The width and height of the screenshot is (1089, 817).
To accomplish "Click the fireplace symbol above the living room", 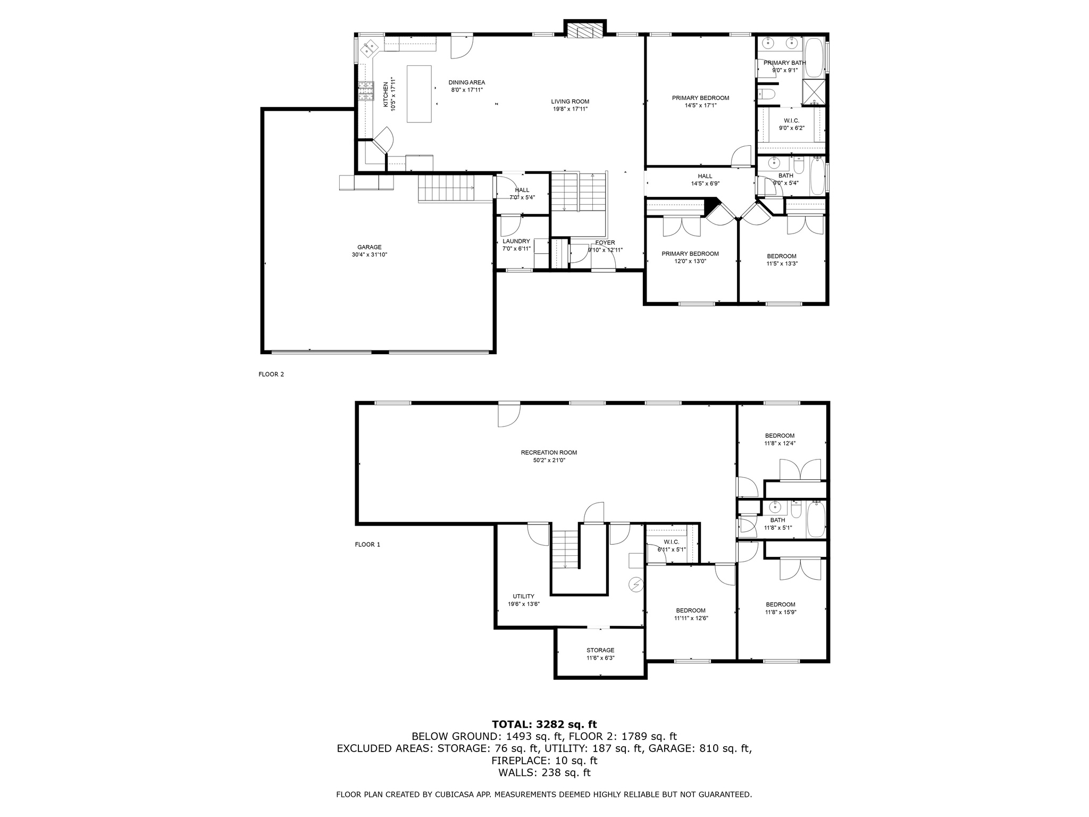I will point(585,30).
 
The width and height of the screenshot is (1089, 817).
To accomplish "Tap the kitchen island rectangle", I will point(419,94).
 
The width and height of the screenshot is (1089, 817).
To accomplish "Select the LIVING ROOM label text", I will point(569,102).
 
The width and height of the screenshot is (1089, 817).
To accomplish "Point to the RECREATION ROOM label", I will point(548,453).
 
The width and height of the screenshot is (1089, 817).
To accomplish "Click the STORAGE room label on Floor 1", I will point(600,650).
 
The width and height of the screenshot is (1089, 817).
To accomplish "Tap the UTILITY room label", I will point(523,596).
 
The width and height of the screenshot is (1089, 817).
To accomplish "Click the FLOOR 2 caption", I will point(271,374).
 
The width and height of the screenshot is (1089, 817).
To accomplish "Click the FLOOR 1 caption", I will point(367,545).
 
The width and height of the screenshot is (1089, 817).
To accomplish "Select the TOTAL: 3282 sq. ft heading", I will point(544,724).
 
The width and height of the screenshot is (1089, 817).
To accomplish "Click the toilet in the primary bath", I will point(767,95).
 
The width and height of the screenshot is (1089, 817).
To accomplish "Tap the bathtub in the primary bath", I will point(814,56).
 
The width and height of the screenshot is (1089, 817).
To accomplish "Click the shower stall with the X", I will point(814,92).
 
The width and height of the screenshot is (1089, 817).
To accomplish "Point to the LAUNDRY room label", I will point(516,241).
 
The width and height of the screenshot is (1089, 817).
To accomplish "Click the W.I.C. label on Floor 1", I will point(671,542).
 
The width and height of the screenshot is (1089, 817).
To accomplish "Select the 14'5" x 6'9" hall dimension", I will point(705,184).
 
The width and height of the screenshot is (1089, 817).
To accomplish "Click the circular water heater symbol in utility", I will point(636,585).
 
